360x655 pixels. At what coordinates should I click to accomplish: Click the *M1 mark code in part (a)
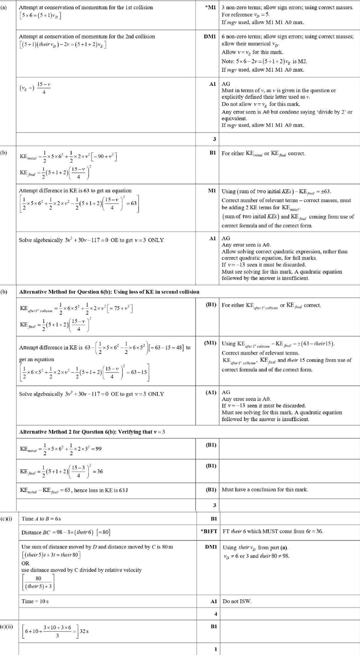(210, 7)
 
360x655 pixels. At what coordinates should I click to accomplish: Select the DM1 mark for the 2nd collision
(209, 36)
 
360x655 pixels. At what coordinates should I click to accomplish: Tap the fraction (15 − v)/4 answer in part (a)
(44, 88)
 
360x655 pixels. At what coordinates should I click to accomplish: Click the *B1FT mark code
(208, 531)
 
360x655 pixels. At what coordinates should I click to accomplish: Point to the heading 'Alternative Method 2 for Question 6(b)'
(92, 432)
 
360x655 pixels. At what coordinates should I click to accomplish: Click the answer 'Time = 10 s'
(35, 601)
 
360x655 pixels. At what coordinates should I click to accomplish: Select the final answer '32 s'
(84, 631)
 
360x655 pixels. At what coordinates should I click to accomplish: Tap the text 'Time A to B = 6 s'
(41, 519)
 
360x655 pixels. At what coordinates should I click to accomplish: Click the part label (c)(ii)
(7, 627)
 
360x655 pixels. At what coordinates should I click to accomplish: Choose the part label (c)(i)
(6, 519)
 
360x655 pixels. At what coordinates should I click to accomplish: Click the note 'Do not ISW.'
(237, 601)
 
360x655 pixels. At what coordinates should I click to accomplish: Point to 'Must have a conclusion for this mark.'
(265, 489)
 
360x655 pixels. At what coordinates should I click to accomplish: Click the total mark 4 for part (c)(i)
(215, 614)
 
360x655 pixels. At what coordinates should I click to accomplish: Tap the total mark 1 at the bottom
(215, 649)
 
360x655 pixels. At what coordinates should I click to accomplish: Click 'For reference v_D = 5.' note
(245, 15)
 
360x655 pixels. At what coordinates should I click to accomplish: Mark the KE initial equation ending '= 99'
(61, 448)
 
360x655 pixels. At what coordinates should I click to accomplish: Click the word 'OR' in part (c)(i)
(26, 563)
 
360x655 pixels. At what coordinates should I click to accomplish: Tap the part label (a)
(4, 7)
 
